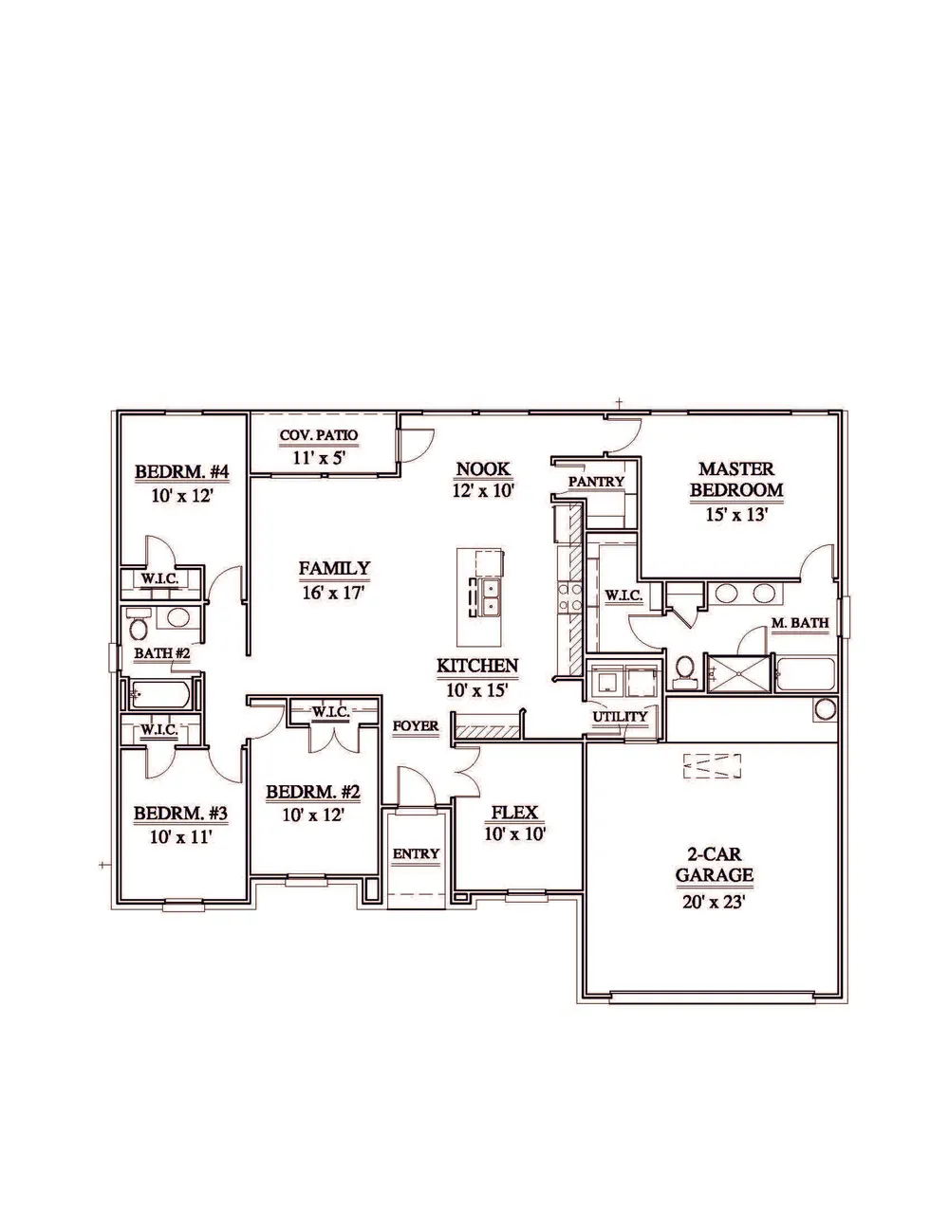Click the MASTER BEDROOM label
736,479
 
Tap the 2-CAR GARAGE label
714,865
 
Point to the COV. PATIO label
319,435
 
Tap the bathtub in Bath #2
160,694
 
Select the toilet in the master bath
686,671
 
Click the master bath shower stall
738,671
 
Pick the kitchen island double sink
490,596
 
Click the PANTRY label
596,482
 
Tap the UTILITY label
620,717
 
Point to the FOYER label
416,726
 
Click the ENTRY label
416,853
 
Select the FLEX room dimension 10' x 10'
514,833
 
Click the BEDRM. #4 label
182,471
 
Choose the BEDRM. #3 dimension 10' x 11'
180,837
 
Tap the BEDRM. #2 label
313,792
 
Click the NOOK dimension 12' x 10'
483,490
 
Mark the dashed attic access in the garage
712,766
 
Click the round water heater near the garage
826,708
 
